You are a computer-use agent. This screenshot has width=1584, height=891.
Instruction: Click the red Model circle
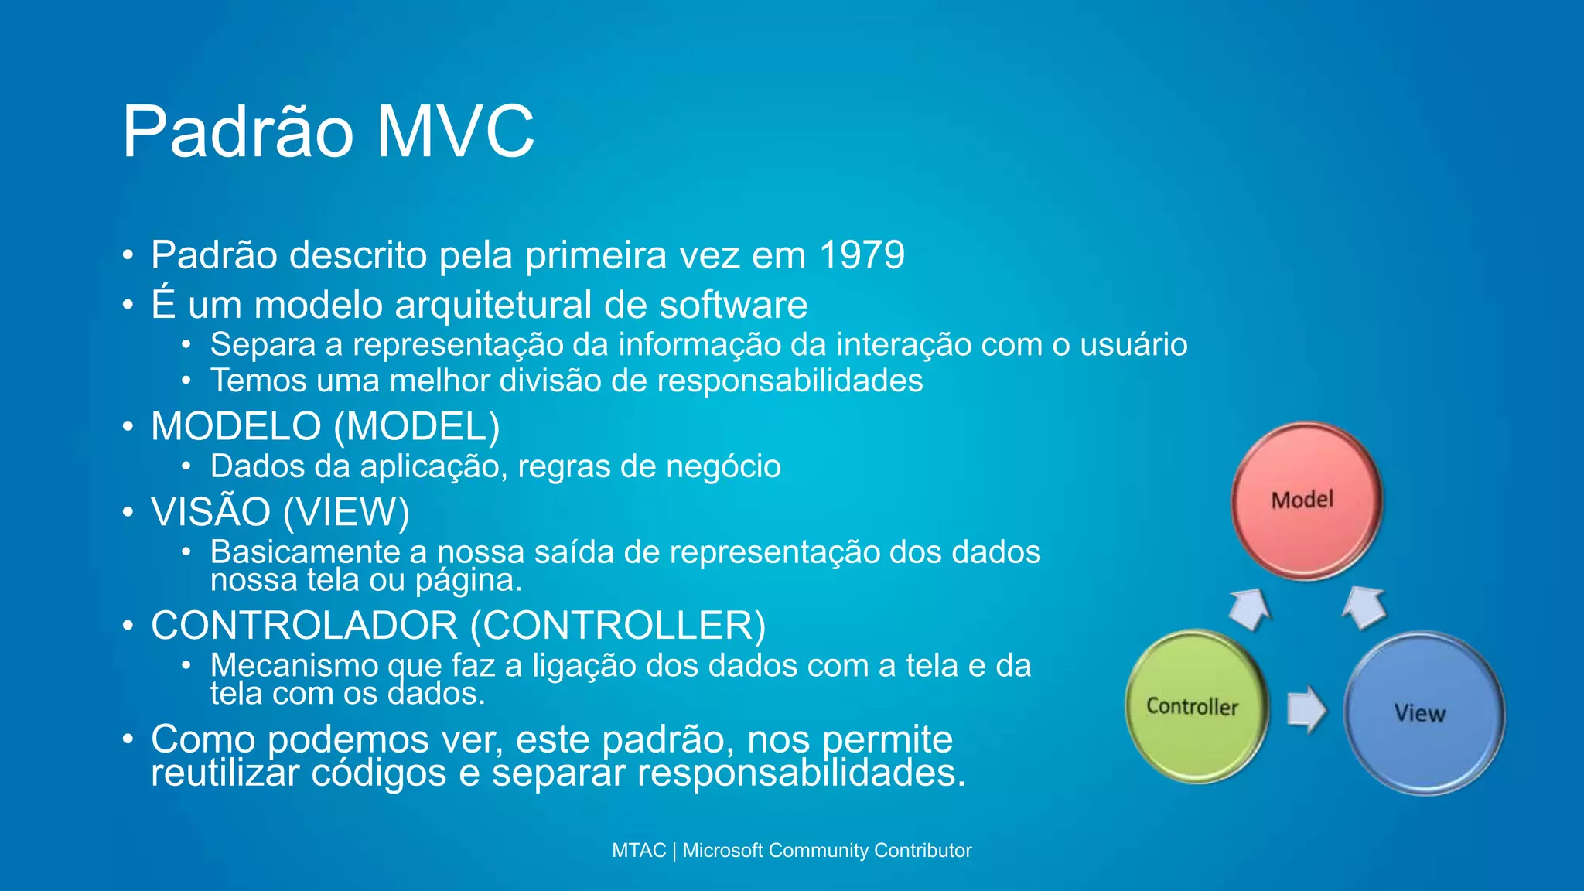[x=1306, y=500]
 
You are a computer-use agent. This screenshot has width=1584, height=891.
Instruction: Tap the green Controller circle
[x=1195, y=706]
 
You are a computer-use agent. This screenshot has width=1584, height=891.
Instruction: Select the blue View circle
[x=1423, y=712]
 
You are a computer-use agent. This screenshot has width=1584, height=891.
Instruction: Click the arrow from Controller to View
[x=1306, y=708]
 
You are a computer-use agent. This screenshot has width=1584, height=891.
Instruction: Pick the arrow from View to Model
[x=1364, y=607]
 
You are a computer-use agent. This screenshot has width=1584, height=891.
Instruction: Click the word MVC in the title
[x=456, y=131]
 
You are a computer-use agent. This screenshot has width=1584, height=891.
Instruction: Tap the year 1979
[x=862, y=255]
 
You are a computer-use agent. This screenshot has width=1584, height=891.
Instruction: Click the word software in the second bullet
[x=733, y=305]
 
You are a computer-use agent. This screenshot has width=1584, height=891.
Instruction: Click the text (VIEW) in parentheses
[x=346, y=512]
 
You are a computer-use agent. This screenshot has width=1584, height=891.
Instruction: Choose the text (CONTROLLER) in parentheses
[x=617, y=626]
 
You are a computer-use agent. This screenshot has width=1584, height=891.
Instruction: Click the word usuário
[x=1133, y=345]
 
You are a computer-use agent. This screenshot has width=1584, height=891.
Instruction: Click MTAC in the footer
[x=638, y=851]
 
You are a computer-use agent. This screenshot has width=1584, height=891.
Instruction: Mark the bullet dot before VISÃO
[x=128, y=512]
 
